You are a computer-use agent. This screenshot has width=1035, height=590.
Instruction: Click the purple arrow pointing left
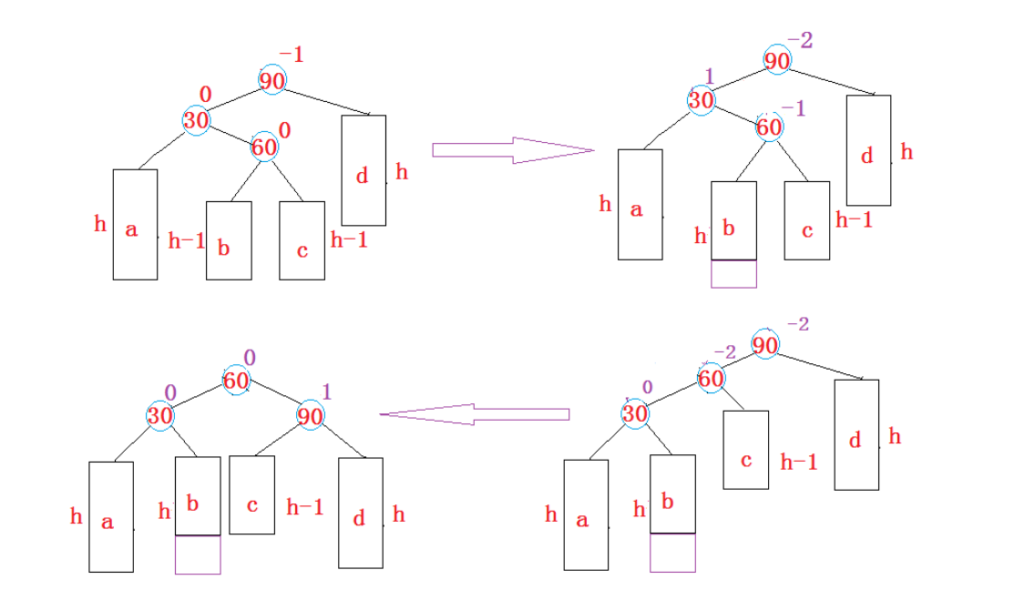[x=474, y=415]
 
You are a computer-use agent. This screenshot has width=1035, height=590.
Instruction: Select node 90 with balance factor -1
[x=272, y=80]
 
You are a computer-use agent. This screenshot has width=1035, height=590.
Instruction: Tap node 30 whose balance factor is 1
[x=701, y=99]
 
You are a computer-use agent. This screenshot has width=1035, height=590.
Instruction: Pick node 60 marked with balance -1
[x=769, y=127]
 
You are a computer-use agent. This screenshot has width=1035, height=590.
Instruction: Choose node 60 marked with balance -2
[x=711, y=378]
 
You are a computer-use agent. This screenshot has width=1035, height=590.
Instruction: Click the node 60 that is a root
[x=236, y=381]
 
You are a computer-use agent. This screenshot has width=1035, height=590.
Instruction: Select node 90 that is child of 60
[x=311, y=416]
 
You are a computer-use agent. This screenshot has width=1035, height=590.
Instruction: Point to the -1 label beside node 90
[x=292, y=56]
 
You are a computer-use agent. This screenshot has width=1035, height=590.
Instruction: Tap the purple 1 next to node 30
[x=709, y=76]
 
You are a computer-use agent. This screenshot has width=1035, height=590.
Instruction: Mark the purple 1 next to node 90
[x=327, y=392]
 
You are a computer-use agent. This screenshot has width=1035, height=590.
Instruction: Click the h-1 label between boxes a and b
[x=187, y=241]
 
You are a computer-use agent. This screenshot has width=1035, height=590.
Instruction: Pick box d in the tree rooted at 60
[x=360, y=514]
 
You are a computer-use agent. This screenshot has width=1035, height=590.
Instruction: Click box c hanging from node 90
[x=251, y=494]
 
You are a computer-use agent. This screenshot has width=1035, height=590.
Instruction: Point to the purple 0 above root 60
[x=249, y=357]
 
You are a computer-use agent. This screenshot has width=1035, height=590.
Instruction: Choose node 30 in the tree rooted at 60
[x=161, y=415]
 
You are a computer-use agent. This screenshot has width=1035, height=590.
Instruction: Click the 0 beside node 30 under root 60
[x=169, y=392]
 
